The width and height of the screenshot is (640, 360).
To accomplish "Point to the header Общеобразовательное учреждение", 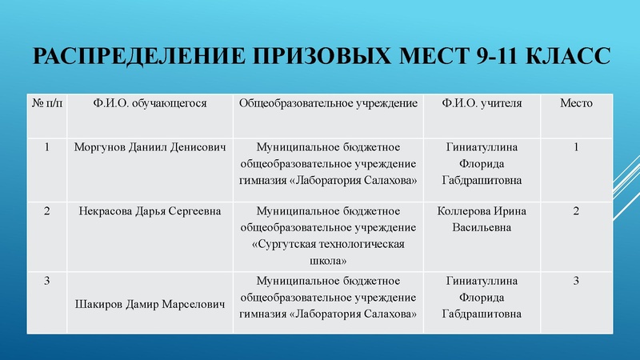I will (x=329, y=103).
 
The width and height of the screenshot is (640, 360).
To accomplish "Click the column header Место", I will (x=576, y=103).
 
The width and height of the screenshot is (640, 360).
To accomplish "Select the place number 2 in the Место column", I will (x=576, y=210).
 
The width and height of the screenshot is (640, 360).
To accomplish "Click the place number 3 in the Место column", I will (x=576, y=281).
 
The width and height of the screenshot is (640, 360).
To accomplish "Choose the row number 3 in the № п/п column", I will (x=46, y=281).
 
